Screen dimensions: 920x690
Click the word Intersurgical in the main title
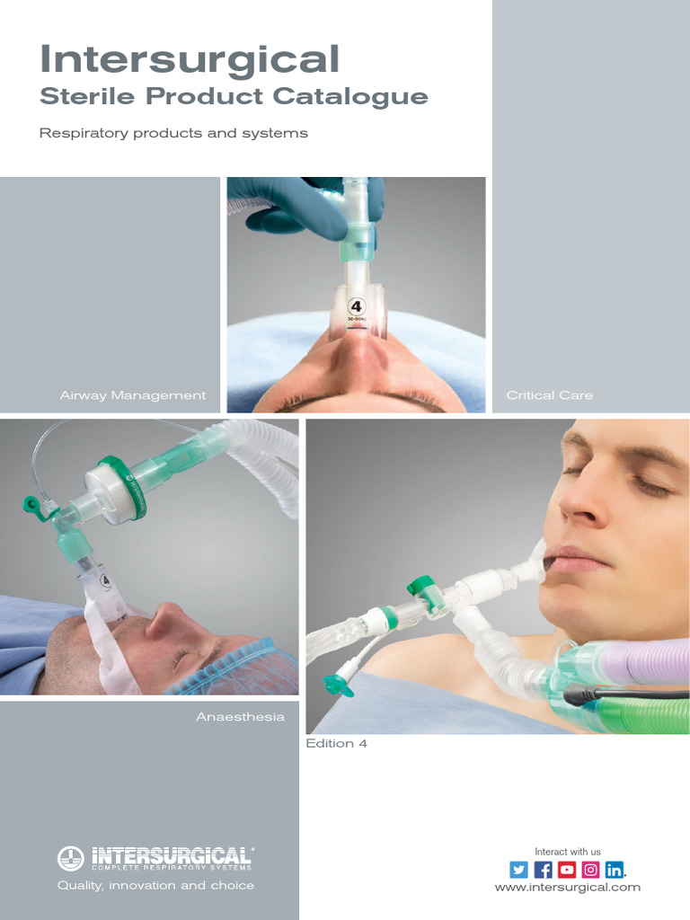coord(190,59)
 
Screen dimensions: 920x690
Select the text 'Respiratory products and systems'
coord(173,133)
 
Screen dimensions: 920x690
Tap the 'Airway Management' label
coord(133,395)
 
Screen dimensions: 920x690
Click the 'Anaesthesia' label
coord(240,717)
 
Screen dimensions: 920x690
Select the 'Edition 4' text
coord(337,744)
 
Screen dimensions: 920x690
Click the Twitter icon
coord(518,869)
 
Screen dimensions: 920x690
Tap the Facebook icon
coord(543,869)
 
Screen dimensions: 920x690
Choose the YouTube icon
coord(566,869)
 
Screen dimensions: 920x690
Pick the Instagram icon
coord(590,869)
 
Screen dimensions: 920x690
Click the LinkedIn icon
coord(614,869)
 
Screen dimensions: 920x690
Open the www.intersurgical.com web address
coord(568,887)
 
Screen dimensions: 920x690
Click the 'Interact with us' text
coord(568,851)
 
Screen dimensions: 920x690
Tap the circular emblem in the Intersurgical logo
coord(70,858)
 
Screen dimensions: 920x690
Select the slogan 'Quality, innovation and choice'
coord(155,885)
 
